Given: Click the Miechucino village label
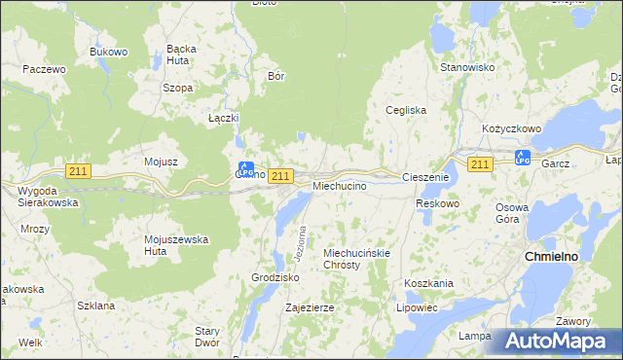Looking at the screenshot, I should click(339, 185).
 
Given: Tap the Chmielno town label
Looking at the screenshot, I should click(553, 256).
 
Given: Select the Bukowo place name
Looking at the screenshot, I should click(109, 51).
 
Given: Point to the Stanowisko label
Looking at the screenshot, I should click(468, 67).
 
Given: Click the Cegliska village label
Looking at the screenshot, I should click(407, 110).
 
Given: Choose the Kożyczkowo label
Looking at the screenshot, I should click(511, 128).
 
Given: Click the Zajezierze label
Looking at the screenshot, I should click(310, 307).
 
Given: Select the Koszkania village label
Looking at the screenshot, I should click(428, 283).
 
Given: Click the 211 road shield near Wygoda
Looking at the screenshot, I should click(79, 171).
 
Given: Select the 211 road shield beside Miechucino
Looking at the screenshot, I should click(280, 175).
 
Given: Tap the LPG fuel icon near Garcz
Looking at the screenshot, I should click(521, 157).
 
